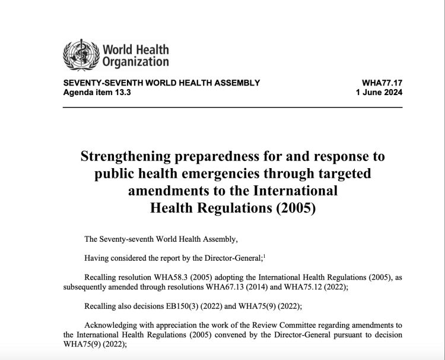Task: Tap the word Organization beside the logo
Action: click(135, 61)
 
